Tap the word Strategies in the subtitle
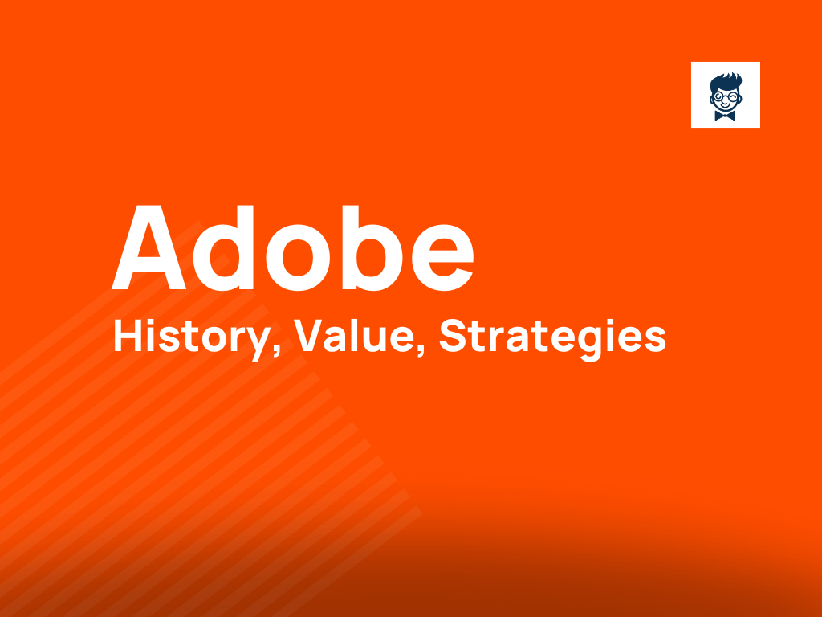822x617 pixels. pyautogui.click(x=552, y=338)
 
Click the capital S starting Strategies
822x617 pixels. pyautogui.click(x=452, y=337)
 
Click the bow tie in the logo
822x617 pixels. pyautogui.click(x=725, y=116)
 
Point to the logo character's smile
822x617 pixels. pyautogui.click(x=725, y=106)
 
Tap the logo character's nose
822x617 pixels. pyautogui.click(x=725, y=100)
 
